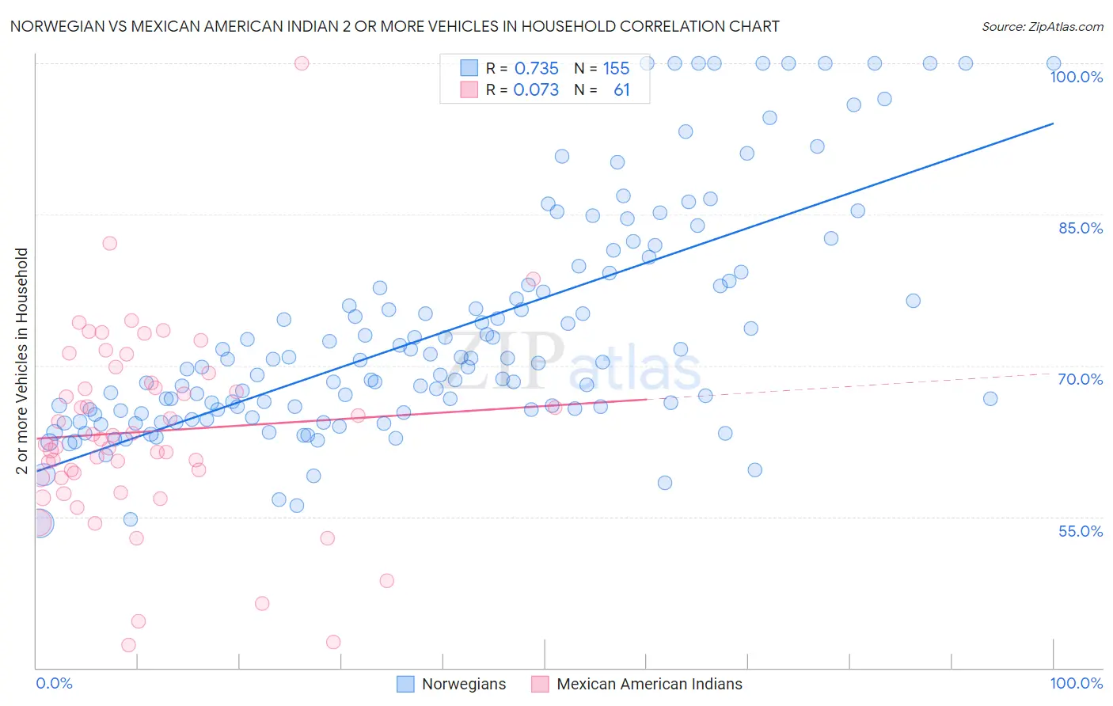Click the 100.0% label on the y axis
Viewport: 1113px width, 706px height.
click(1076, 77)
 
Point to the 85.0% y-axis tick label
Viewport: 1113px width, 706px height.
click(1081, 228)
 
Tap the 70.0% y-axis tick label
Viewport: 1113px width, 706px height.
click(1081, 379)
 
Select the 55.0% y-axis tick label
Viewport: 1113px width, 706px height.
click(1081, 531)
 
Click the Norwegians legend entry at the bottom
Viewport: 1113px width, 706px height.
click(463, 685)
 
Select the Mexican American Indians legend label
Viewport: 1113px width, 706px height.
click(649, 685)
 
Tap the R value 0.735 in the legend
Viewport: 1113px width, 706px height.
click(536, 69)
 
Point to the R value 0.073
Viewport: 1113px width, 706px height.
click(536, 90)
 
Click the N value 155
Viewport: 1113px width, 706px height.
click(616, 69)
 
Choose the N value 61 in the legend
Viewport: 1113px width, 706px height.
click(621, 90)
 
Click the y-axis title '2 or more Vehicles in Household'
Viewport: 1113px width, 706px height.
click(22, 361)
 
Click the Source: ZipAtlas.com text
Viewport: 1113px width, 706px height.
click(1042, 27)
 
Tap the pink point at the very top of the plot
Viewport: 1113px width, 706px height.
click(301, 63)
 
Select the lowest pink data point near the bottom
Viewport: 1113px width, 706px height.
click(128, 645)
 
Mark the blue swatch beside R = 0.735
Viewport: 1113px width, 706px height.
click(469, 68)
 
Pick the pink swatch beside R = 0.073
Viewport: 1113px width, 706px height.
click(469, 89)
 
